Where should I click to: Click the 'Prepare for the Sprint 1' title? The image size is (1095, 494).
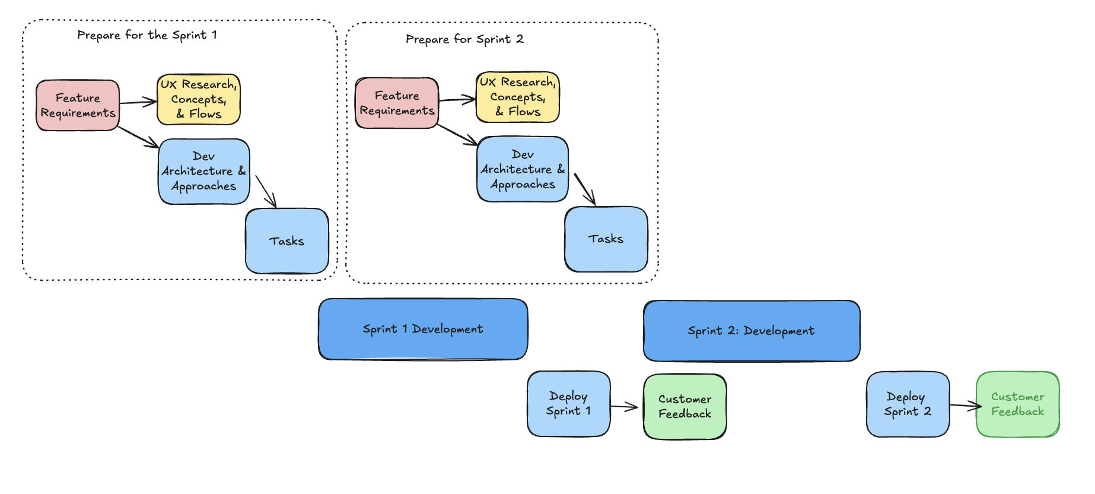coord(147,35)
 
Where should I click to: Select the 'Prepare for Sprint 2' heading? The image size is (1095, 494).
coord(464,39)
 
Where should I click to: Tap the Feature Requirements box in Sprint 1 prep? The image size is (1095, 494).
coord(78,106)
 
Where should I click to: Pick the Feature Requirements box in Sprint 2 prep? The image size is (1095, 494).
coord(397,103)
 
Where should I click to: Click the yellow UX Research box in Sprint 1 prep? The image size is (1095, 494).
coord(199,100)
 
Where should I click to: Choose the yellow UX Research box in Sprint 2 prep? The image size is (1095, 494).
coord(518,97)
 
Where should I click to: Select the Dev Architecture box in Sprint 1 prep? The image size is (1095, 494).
coord(204,172)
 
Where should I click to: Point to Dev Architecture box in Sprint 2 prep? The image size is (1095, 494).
coord(523,169)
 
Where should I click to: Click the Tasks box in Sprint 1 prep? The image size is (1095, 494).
coord(287,241)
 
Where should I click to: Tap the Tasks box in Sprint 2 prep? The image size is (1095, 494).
coord(606,239)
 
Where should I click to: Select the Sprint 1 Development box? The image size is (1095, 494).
coord(423,329)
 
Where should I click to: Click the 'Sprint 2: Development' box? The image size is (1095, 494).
coord(752,331)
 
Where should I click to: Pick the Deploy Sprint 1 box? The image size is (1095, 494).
coord(569,404)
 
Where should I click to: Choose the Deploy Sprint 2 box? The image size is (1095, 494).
coord(908,404)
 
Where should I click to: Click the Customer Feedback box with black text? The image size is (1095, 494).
coord(685,407)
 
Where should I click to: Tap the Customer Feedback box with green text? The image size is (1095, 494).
coord(1018,404)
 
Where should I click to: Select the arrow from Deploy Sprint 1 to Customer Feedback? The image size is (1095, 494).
coord(625,407)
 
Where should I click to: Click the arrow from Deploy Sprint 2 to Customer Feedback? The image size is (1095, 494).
coord(965,406)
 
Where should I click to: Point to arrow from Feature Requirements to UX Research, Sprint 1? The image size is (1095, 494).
coord(138,103)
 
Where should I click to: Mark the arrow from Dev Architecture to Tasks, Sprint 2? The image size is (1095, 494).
coord(585,189)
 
